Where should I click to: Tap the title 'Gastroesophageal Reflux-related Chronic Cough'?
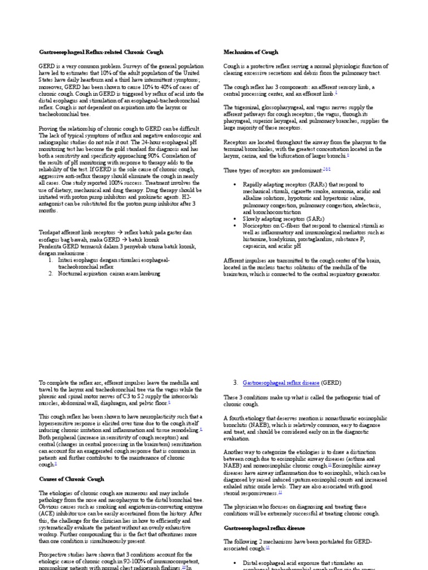[x=101, y=52]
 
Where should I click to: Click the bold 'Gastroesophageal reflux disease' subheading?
[x=264, y=527]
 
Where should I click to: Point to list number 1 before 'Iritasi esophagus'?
[x=50, y=260]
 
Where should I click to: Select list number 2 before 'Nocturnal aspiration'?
[x=50, y=273]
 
